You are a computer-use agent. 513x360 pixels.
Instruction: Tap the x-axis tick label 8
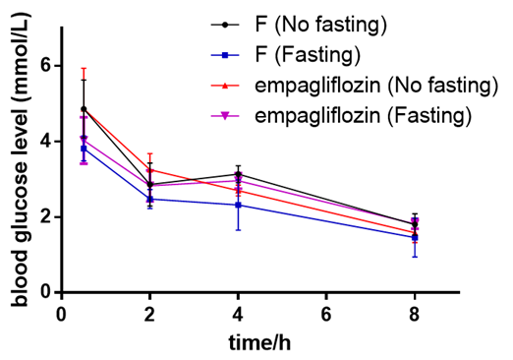[415, 314]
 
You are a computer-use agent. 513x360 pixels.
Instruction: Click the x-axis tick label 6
[326, 314]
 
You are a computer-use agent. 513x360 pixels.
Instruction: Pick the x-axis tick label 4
[238, 314]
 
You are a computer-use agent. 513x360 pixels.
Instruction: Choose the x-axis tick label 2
[149, 314]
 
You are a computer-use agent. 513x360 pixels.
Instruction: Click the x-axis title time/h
[259, 342]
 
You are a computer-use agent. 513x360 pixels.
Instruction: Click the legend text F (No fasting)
[320, 25]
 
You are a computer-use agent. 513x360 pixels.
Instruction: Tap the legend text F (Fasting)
[308, 55]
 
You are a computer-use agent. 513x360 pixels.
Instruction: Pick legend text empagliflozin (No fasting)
[376, 86]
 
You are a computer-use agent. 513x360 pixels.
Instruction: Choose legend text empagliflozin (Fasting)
[364, 115]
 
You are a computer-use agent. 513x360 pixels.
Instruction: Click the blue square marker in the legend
[225, 55]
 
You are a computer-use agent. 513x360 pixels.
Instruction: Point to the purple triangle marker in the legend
[225, 116]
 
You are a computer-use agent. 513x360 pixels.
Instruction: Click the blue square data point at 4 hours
[238, 206]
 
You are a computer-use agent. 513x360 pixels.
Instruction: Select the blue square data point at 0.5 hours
[84, 149]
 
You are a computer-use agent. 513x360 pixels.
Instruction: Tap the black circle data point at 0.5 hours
[84, 109]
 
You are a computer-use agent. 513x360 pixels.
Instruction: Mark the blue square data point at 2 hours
[149, 199]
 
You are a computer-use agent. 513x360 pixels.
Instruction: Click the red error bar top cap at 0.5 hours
[84, 68]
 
